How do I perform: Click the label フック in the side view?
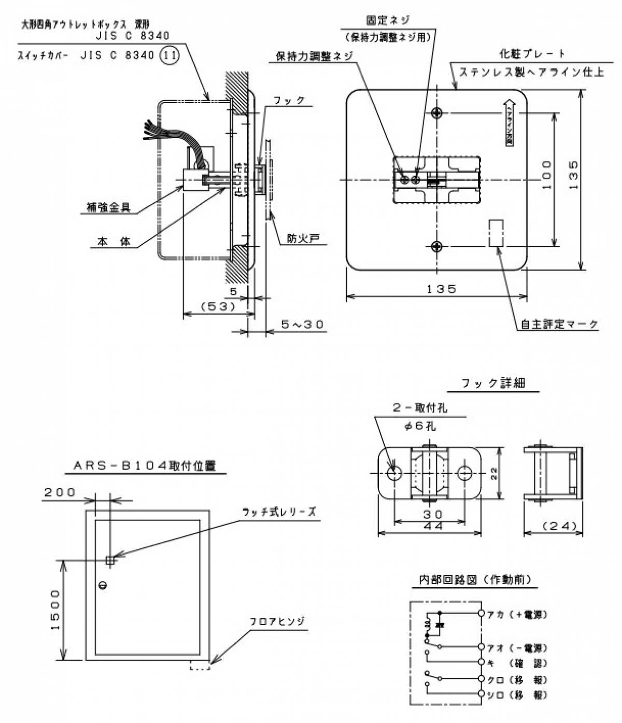289,101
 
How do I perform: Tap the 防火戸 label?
303,238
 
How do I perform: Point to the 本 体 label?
114,241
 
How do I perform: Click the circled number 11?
168,55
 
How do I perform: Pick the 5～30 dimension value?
302,324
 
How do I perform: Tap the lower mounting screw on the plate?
437,246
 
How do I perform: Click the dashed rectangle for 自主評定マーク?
497,233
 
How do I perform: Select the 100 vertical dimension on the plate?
547,175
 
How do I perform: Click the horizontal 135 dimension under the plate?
441,289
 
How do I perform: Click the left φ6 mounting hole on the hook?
394,473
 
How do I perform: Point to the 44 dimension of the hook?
432,526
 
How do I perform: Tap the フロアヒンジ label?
278,621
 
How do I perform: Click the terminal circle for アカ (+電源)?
482,614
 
